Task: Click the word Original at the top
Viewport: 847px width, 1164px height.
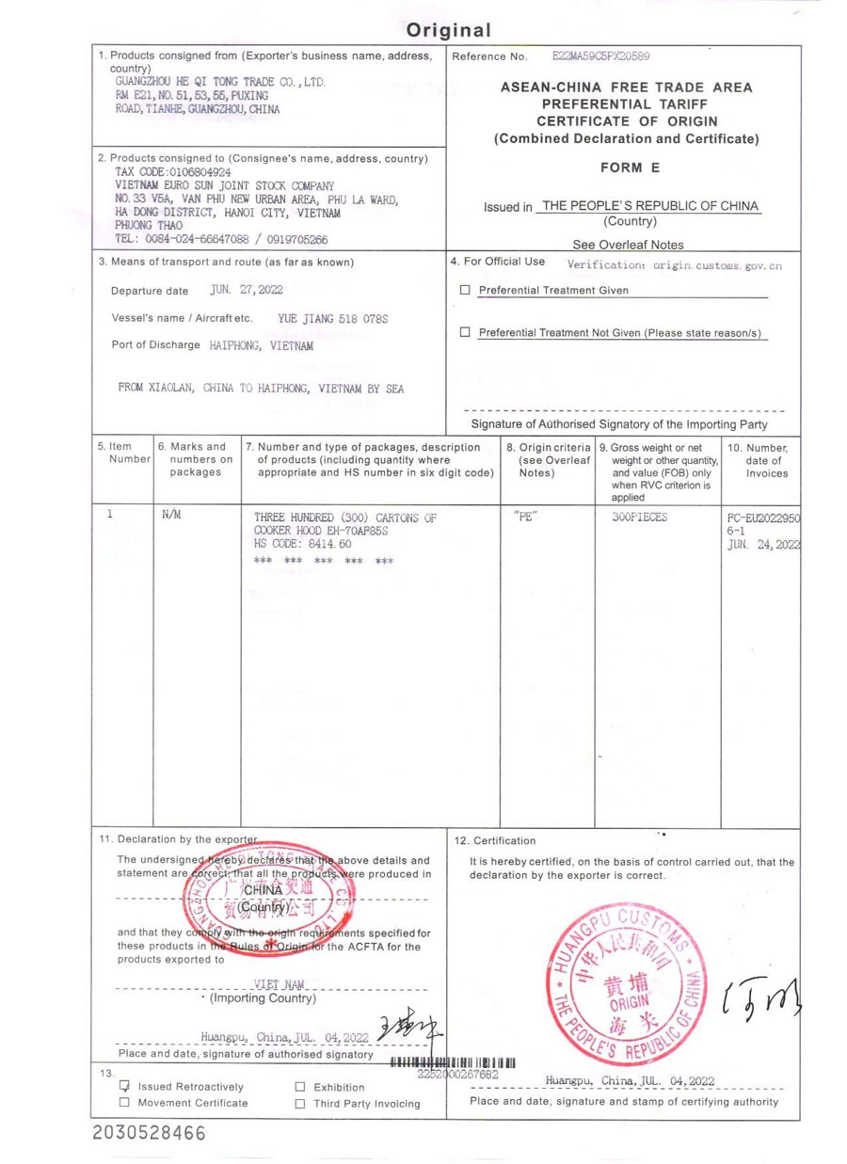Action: (449, 30)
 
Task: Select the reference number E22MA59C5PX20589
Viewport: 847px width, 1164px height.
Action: (601, 57)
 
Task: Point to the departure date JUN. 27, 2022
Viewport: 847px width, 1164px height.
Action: (247, 291)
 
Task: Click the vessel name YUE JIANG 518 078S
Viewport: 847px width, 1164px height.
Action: (333, 319)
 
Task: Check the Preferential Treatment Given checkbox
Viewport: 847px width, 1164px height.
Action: (465, 291)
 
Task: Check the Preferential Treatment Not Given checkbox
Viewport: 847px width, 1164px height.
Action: (465, 333)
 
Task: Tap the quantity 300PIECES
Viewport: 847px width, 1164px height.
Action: (639, 518)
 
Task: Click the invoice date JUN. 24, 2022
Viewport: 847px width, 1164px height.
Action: (763, 544)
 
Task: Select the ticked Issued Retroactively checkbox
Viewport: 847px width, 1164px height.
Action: (124, 1086)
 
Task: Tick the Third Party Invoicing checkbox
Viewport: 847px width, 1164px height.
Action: (300, 1104)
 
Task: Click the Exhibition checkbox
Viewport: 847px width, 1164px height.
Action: (300, 1087)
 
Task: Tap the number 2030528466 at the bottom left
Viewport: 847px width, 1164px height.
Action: (149, 1134)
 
